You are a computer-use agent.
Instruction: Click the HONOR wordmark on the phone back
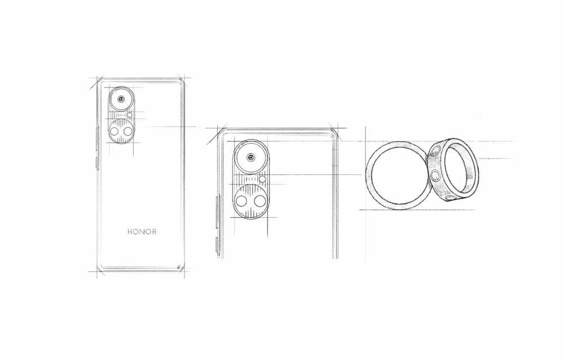coord(142,231)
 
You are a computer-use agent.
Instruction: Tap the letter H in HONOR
coord(130,231)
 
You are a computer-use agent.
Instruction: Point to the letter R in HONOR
coord(154,231)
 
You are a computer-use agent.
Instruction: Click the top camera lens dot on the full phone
coord(121,99)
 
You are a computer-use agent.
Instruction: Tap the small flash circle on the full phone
coord(130,115)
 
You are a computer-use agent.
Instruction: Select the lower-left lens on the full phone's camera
coord(114,131)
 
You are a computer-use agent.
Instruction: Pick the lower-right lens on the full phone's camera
coord(128,131)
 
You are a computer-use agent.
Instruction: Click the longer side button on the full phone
coord(97,138)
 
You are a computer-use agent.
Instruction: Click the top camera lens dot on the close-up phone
coord(251,157)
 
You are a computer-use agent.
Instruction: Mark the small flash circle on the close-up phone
coord(263,179)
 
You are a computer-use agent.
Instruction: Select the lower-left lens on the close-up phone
coord(241,202)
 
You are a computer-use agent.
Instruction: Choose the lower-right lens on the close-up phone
coord(259,202)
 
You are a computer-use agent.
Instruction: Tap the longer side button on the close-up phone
coord(218,212)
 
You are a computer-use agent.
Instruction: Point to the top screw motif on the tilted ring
coord(435,151)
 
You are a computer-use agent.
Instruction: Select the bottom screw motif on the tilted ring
coord(450,197)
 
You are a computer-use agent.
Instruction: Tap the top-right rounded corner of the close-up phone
coord(334,132)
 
